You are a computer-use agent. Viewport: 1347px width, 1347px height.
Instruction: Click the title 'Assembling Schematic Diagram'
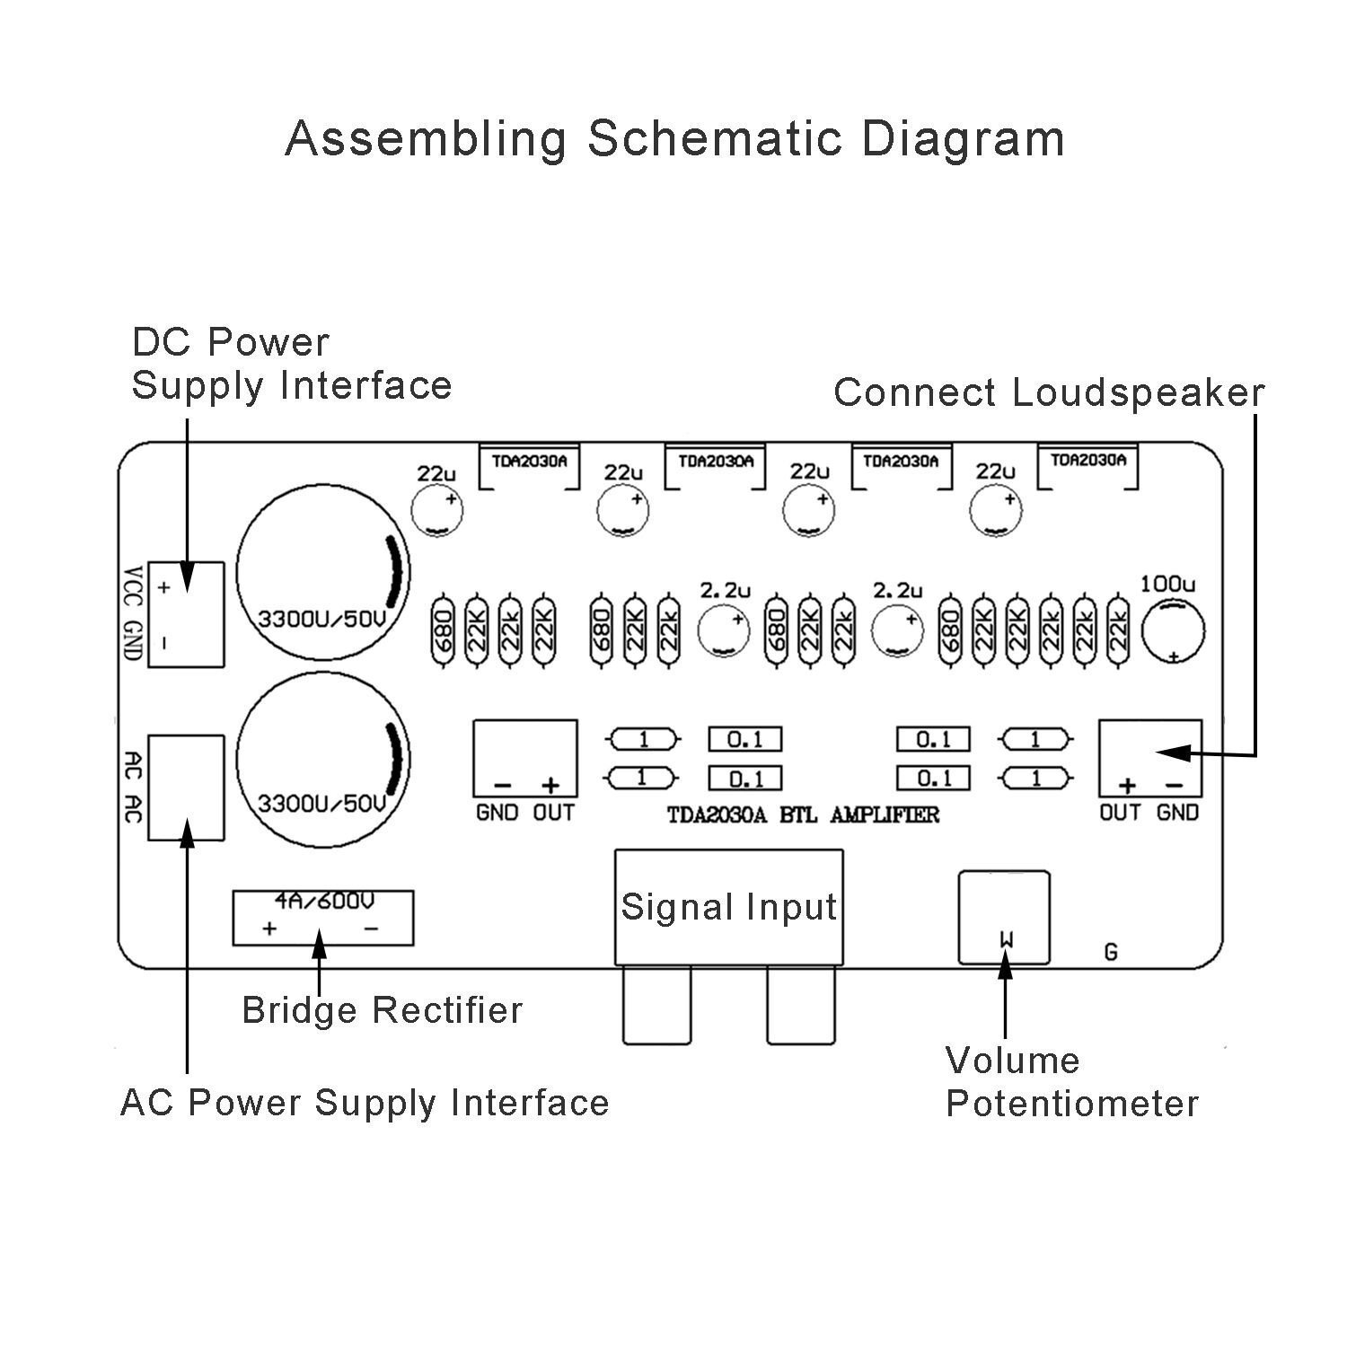(x=674, y=139)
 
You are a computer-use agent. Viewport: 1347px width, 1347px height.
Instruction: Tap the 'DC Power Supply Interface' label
(x=291, y=364)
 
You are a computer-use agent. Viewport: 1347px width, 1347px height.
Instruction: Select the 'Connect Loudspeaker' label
(x=1048, y=393)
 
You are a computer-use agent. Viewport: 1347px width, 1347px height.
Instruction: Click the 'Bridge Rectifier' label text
(x=382, y=1010)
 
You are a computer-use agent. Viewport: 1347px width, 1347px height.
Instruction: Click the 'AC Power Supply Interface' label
(x=365, y=1103)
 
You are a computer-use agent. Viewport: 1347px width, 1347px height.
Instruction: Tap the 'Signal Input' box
(x=728, y=907)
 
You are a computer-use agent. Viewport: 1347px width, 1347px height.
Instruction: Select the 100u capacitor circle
(x=1173, y=630)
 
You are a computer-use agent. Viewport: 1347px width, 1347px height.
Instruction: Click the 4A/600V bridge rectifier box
(x=323, y=918)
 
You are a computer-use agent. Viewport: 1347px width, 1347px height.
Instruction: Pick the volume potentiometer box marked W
(x=1004, y=916)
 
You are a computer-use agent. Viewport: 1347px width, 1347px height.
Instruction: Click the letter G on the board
(x=1111, y=953)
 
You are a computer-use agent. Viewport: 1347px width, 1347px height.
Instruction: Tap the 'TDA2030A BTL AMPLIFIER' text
(x=803, y=815)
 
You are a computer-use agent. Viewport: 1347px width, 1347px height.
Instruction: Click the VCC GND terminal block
(x=186, y=614)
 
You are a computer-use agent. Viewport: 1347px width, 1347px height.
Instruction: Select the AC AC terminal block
(x=186, y=787)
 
